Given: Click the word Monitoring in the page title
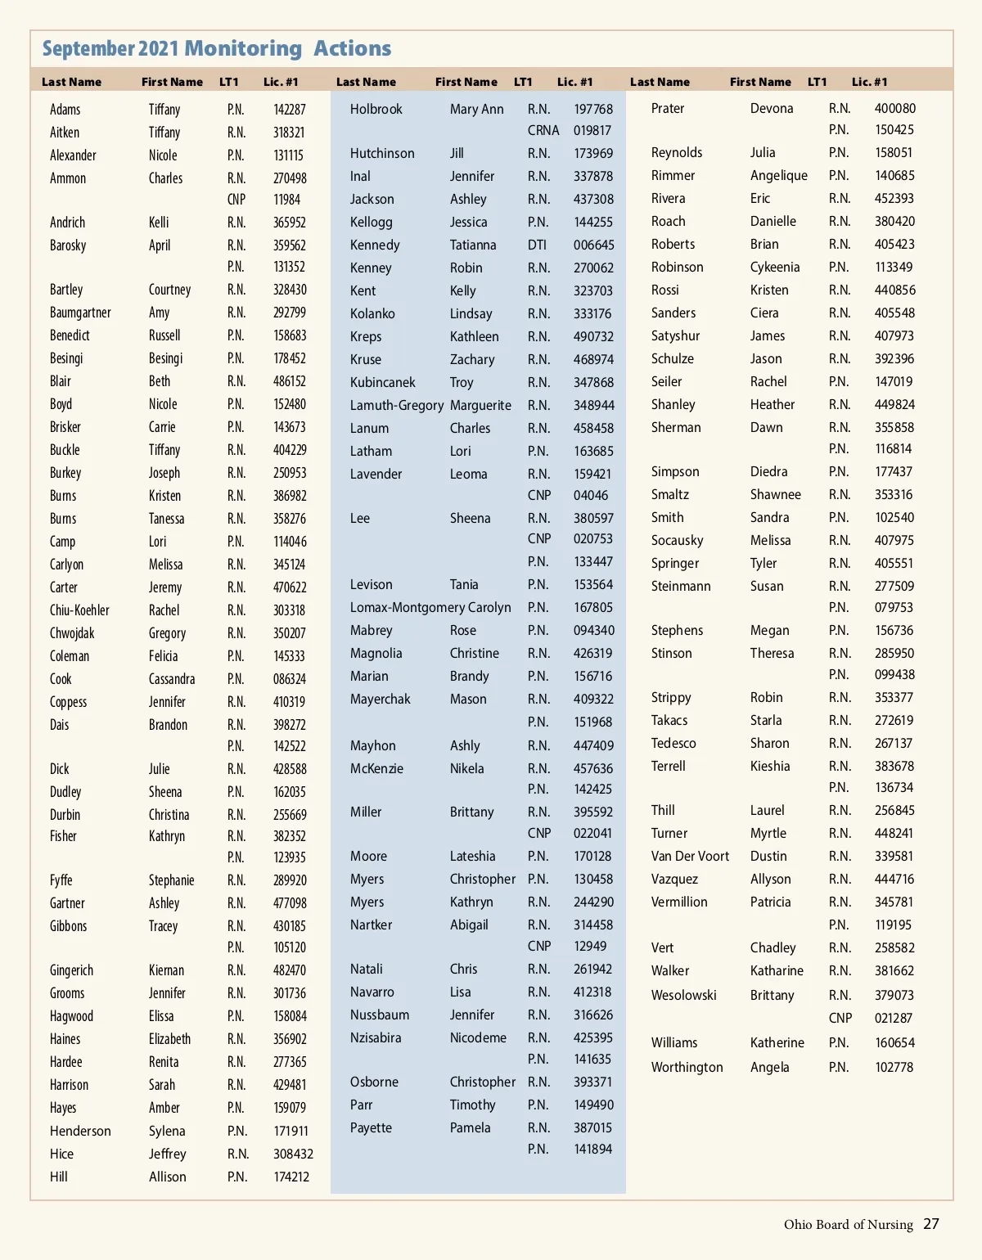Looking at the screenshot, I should (x=243, y=48).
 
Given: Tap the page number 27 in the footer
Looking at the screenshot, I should (x=931, y=1224).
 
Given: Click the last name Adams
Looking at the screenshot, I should (x=65, y=110).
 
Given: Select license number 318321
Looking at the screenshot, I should (x=289, y=133).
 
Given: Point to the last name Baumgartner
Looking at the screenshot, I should (x=80, y=313).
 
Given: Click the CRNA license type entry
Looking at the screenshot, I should (x=543, y=130).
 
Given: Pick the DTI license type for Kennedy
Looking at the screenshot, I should (x=537, y=245).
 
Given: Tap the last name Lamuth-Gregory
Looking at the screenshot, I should (x=397, y=405).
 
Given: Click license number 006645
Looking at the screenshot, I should (x=593, y=245).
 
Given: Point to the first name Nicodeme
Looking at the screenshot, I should (x=478, y=1037).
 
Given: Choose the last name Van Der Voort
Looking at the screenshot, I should (x=690, y=856).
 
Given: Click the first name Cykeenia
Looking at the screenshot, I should (x=775, y=267).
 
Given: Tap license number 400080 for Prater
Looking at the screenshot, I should (x=894, y=108).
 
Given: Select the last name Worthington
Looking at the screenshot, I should (x=687, y=1067).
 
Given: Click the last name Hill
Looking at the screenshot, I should (x=59, y=1177).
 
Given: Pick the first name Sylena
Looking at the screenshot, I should (x=167, y=1131).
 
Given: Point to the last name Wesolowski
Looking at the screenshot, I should (x=683, y=995).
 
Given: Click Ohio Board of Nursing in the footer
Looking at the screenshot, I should (x=848, y=1225).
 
